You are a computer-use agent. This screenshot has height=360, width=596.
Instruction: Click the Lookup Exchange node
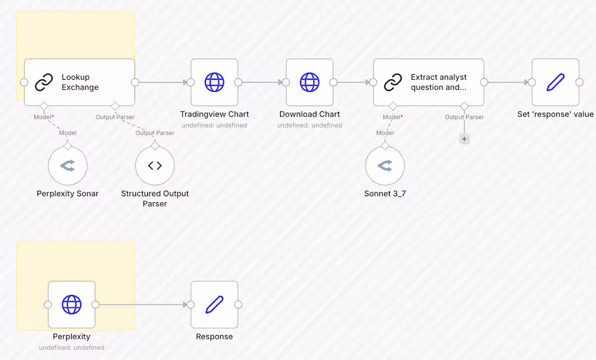pyautogui.click(x=80, y=82)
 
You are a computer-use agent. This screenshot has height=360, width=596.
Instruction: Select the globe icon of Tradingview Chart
pyautogui.click(x=214, y=82)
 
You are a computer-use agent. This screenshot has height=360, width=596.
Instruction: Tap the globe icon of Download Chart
pyautogui.click(x=309, y=82)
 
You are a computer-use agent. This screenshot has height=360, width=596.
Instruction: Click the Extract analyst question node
pyautogui.click(x=428, y=82)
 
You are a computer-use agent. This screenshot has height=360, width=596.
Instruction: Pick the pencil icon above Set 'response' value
pyautogui.click(x=555, y=82)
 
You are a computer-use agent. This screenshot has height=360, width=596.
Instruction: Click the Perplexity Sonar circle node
pyautogui.click(x=68, y=165)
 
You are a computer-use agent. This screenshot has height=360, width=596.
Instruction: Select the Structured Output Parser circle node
pyautogui.click(x=155, y=165)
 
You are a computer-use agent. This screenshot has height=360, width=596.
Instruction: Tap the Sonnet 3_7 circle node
pyautogui.click(x=385, y=165)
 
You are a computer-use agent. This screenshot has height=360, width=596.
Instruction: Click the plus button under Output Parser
pyautogui.click(x=464, y=139)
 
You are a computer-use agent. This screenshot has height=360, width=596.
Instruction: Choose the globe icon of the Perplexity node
pyautogui.click(x=72, y=304)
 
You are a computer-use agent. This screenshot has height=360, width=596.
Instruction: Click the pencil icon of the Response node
pyautogui.click(x=214, y=304)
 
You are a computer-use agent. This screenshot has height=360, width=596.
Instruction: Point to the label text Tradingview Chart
pyautogui.click(x=214, y=114)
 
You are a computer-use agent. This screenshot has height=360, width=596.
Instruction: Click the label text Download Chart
pyautogui.click(x=309, y=114)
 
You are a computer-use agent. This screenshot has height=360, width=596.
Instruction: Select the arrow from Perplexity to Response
pyautogui.click(x=143, y=304)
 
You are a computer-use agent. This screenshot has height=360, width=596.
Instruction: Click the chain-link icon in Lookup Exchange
pyautogui.click(x=43, y=82)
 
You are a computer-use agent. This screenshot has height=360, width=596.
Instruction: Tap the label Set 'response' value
pyautogui.click(x=555, y=114)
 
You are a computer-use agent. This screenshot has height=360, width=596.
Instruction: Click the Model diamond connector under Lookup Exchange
pyautogui.click(x=43, y=105)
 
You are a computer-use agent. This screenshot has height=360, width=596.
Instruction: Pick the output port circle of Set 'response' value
pyautogui.click(x=579, y=82)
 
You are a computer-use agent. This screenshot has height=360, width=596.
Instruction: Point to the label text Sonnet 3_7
pyautogui.click(x=385, y=194)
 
